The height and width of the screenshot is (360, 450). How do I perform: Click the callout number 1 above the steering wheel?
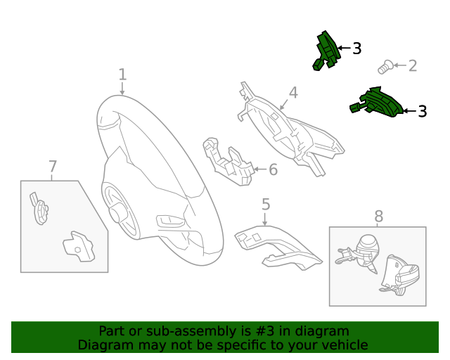(122, 74)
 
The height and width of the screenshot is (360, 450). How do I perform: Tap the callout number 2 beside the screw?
(413, 66)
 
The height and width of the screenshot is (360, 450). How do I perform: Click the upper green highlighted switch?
(326, 50)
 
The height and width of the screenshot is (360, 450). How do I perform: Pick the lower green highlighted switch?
(378, 103)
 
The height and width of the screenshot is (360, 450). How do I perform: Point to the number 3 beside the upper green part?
(356, 49)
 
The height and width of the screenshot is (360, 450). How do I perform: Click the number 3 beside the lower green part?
(422, 111)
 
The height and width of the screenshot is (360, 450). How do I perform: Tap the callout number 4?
(293, 92)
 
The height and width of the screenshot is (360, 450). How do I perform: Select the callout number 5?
(266, 205)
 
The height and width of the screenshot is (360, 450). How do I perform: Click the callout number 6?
(273, 169)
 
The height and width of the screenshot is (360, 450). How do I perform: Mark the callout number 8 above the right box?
(378, 217)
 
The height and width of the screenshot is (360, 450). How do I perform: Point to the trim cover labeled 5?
(277, 250)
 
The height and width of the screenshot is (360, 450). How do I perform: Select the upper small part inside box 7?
(40, 209)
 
